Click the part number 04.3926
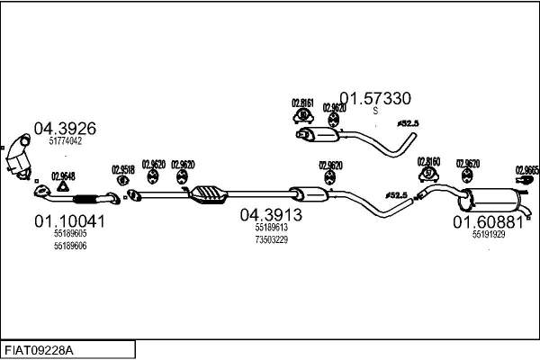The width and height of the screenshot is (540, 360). pyautogui.click(x=64, y=128)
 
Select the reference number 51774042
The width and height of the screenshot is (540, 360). pyautogui.click(x=65, y=141)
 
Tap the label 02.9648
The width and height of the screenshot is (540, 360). pyautogui.click(x=63, y=175)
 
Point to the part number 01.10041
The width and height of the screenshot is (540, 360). pyautogui.click(x=69, y=220)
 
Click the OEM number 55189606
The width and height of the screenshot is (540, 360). pyautogui.click(x=69, y=246)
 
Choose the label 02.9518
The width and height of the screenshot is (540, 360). pyautogui.click(x=123, y=168)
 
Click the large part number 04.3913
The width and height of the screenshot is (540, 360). pyautogui.click(x=270, y=216)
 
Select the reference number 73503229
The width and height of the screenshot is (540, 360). pyautogui.click(x=271, y=239)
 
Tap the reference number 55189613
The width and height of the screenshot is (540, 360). pyautogui.click(x=271, y=229)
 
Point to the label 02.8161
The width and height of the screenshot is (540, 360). pyautogui.click(x=302, y=103)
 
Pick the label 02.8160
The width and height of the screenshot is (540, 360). pyautogui.click(x=428, y=163)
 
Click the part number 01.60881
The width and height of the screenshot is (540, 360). pyautogui.click(x=487, y=221)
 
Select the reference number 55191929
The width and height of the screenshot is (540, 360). pyautogui.click(x=488, y=234)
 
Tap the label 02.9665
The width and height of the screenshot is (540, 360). pyautogui.click(x=526, y=169)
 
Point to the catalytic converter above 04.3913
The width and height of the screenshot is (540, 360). pyautogui.click(x=210, y=193)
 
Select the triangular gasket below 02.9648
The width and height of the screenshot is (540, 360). pyautogui.click(x=62, y=188)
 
